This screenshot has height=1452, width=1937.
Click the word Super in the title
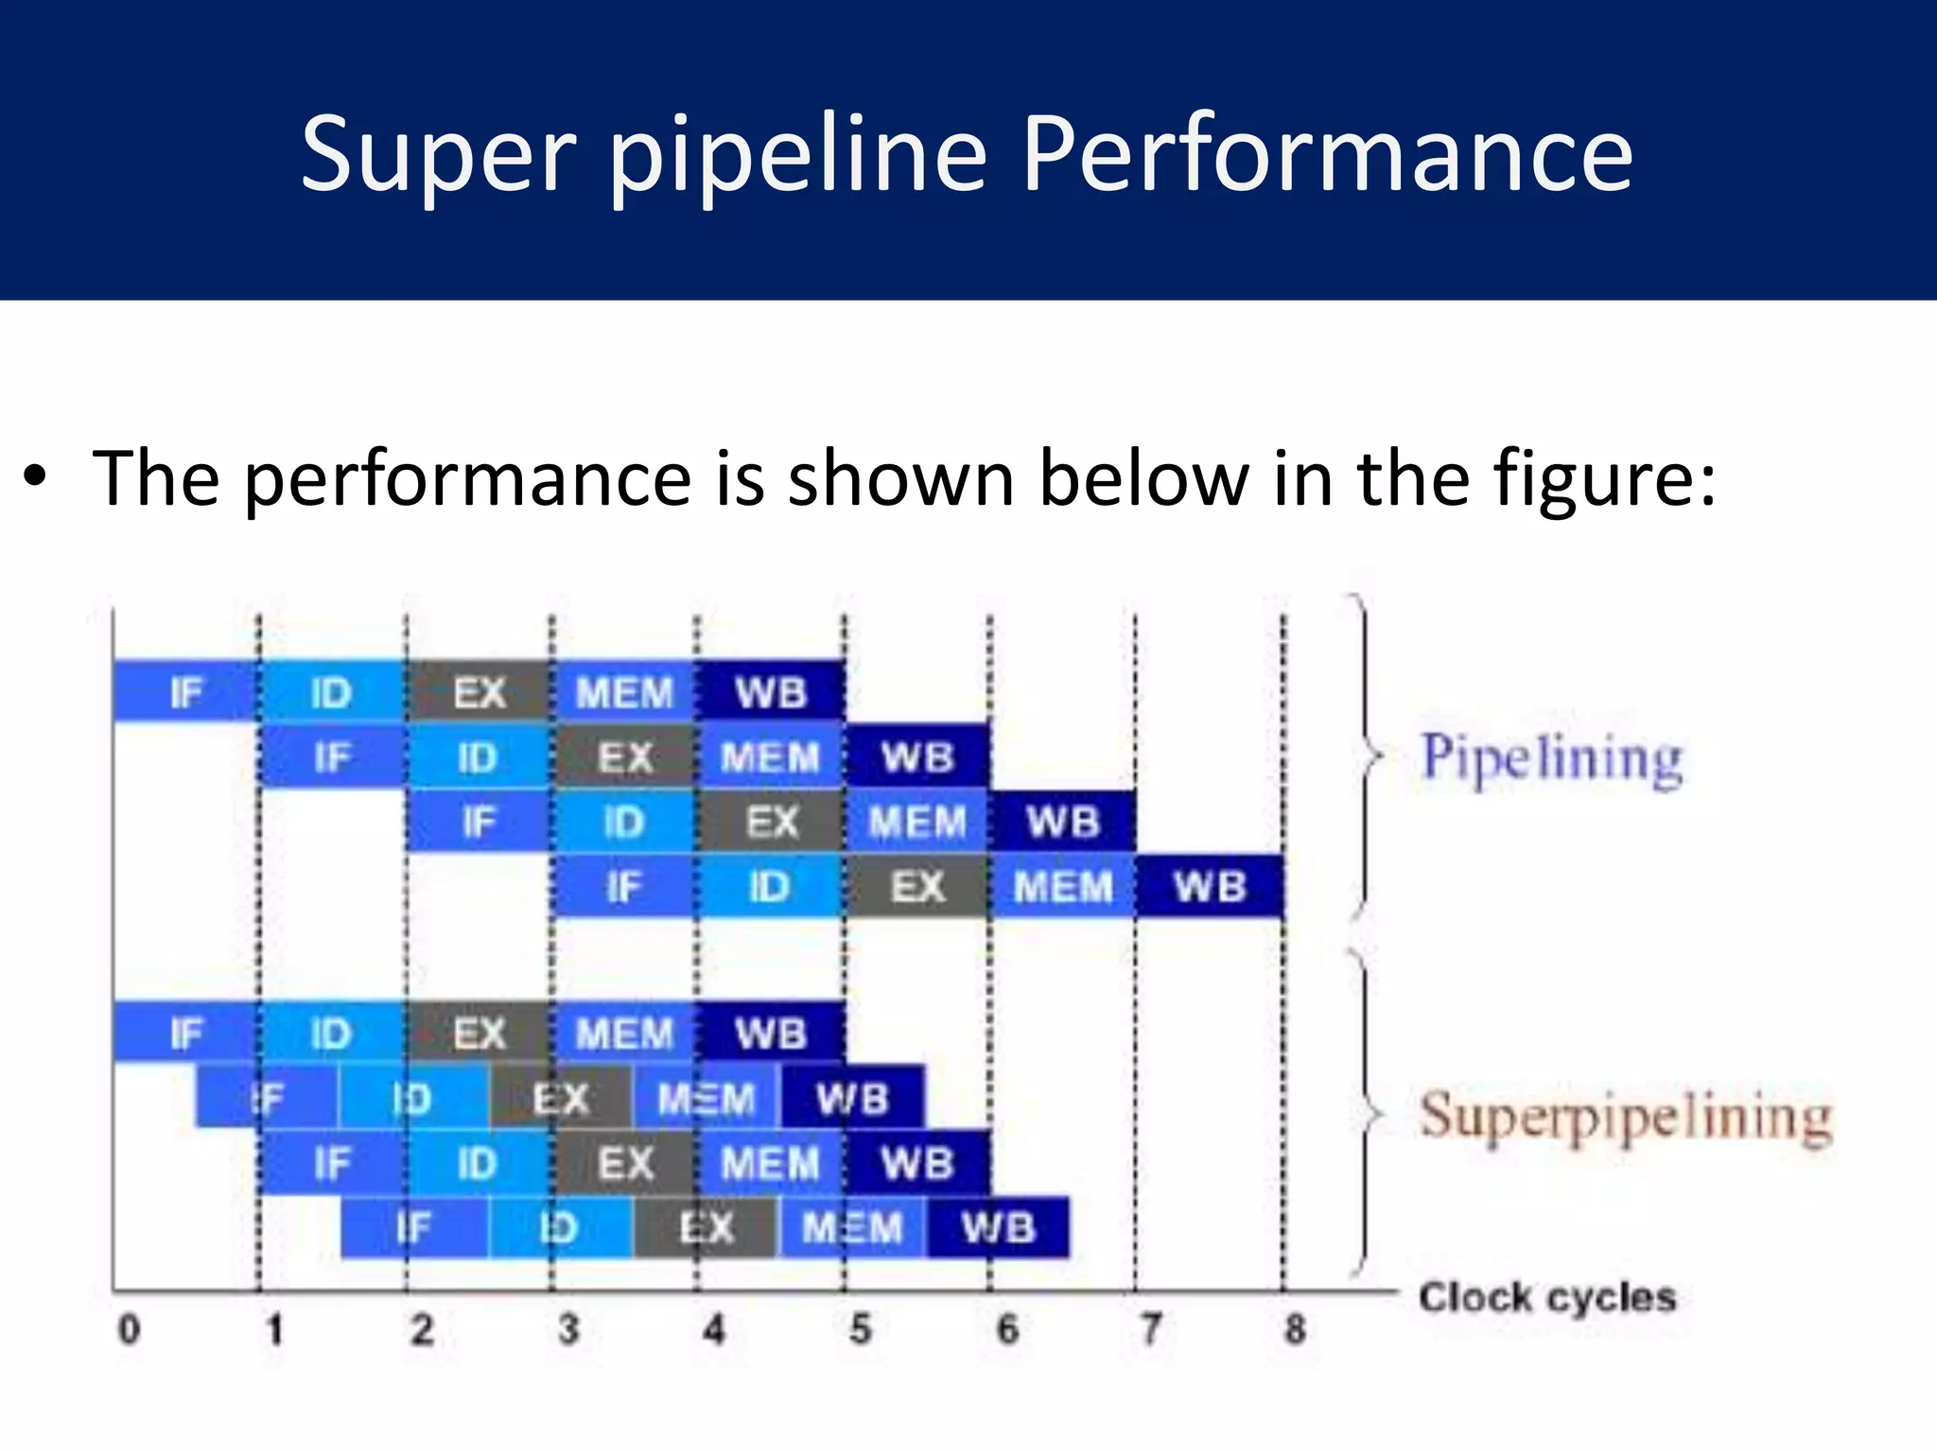[437, 154]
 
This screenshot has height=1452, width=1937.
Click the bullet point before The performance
[35, 477]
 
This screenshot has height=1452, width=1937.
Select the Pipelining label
[1552, 758]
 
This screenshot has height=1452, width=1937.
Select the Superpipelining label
[1625, 1117]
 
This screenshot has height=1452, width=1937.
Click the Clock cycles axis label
[1546, 1297]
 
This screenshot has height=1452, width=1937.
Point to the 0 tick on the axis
[129, 1330]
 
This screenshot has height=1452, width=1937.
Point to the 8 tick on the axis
[1295, 1330]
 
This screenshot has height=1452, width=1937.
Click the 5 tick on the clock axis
[860, 1330]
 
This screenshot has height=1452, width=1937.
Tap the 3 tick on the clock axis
[567, 1330]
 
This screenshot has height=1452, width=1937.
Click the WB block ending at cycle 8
[1210, 887]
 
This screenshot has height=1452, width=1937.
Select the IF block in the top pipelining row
[185, 692]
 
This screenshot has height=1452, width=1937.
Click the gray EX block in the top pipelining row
[479, 692]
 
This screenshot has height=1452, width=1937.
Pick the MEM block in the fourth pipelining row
[1062, 887]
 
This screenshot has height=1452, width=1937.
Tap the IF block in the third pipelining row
[479, 821]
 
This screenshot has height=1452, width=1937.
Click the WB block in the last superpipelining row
[998, 1228]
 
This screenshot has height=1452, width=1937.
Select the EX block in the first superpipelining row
[479, 1033]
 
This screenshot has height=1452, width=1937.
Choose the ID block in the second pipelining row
[477, 757]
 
